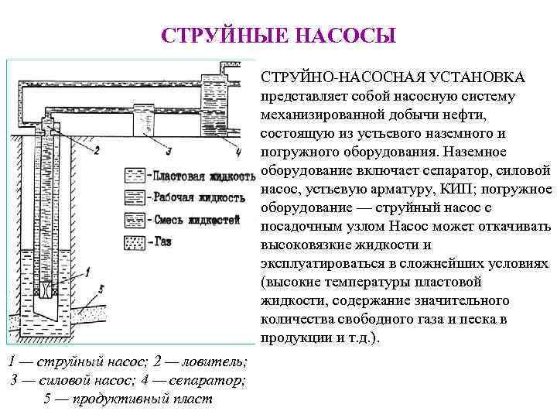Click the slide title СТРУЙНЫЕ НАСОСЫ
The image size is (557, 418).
pyautogui.click(x=278, y=36)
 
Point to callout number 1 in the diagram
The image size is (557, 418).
pyautogui.click(x=89, y=270)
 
